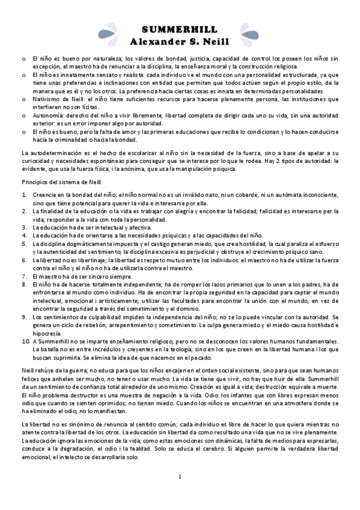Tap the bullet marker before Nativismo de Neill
tap(23, 97)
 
